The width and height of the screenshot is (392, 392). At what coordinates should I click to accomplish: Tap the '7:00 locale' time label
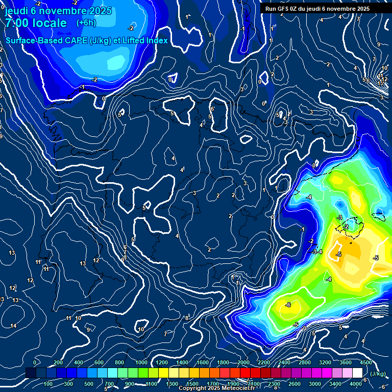pos(36,23)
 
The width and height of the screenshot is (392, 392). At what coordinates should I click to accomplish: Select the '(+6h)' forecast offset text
pos(86,22)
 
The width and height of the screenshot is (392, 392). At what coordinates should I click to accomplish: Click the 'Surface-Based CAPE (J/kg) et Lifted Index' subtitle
pos(87,40)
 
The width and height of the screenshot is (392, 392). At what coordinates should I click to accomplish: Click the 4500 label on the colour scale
pos(365,362)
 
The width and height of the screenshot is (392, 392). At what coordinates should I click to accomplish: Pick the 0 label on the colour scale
pos(35,362)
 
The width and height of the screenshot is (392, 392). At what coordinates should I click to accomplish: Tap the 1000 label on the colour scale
pos(141,362)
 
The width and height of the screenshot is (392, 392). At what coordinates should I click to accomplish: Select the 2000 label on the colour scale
pos(243,362)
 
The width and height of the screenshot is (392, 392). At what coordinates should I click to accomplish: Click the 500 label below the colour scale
pos(89,384)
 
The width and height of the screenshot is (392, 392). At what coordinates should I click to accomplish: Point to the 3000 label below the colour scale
pos(315,384)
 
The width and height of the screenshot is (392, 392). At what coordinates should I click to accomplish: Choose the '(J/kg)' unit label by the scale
pos(378,374)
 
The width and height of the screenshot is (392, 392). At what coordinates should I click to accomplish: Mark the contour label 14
pos(13,326)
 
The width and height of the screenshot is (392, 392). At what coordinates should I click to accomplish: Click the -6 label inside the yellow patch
pos(288,305)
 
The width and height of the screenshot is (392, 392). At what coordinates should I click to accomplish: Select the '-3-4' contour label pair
pos(317,252)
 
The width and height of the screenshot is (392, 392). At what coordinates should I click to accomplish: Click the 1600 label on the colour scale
pos(202,362)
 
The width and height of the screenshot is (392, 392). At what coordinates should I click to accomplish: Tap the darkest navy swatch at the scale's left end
pos(31,373)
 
